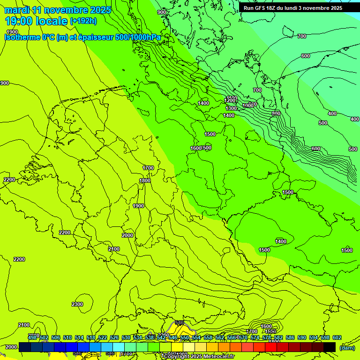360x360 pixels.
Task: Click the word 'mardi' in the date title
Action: pyautogui.click(x=16, y=10)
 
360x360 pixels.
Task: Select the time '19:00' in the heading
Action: pyautogui.click(x=20, y=21)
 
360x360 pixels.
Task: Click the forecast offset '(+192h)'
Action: pyautogui.click(x=83, y=21)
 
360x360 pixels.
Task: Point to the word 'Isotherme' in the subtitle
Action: pyautogui.click(x=22, y=37)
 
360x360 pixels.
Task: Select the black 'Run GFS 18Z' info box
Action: pyautogui.click(x=293, y=8)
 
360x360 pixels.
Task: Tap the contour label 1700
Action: pyautogui.click(x=148, y=168)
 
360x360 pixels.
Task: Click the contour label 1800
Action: pyautogui.click(x=145, y=180)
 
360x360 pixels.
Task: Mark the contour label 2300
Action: pyautogui.click(x=77, y=304)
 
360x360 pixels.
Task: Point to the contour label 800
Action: pyautogui.click(x=276, y=113)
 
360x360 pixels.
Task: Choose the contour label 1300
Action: pyautogui.click(x=231, y=108)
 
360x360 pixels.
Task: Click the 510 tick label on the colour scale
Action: pyautogui.click(x=67, y=337)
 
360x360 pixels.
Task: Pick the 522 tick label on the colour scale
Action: pyautogui.click(x=103, y=337)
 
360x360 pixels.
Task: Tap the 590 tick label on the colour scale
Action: pyautogui.click(x=302, y=337)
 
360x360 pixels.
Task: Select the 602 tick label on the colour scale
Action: pyautogui.click(x=337, y=337)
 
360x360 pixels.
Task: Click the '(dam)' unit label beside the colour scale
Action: pyautogui.click(x=347, y=347)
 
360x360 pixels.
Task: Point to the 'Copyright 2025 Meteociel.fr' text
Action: pyautogui.click(x=199, y=356)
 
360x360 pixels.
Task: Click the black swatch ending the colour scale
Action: pyautogui.click(x=330, y=347)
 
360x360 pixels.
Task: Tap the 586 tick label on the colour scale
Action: pyautogui.click(x=290, y=337)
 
